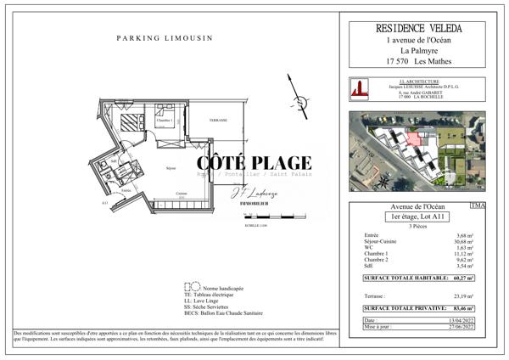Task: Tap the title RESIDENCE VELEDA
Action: coord(422,29)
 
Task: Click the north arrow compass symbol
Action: coord(291,90)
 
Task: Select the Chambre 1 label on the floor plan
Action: coord(164,121)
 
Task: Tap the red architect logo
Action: coord(360,89)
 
